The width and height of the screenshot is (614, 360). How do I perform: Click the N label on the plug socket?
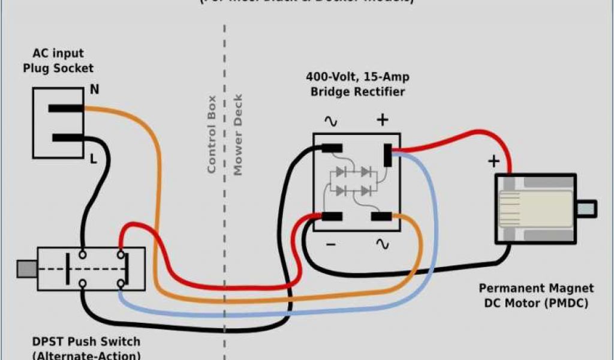[x=95, y=90]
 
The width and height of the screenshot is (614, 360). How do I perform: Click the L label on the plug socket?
[x=94, y=159]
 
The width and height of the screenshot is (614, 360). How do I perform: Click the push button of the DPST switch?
[x=26, y=269]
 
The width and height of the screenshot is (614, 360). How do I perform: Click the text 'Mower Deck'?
[x=238, y=135]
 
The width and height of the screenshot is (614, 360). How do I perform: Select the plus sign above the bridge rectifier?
[x=383, y=120]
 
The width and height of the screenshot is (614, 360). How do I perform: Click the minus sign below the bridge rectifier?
[x=331, y=244]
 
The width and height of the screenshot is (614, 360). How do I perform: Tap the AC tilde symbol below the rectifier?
[x=382, y=244]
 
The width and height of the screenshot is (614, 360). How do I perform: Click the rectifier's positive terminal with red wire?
[x=388, y=155]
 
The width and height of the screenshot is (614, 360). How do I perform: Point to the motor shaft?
[x=586, y=209]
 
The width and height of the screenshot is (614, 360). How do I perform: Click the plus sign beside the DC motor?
[x=493, y=161]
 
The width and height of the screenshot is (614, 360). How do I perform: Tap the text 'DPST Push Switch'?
[x=86, y=342]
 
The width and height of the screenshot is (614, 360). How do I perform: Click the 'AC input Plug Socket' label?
[x=58, y=61]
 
